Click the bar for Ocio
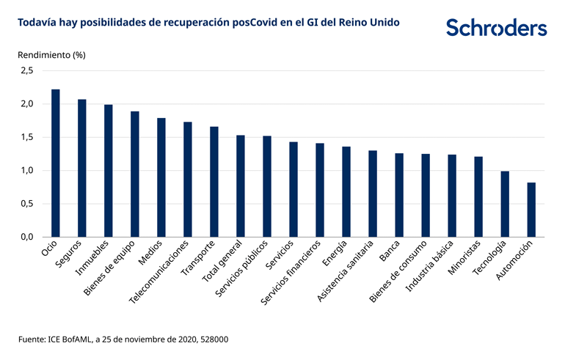56,163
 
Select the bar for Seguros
82,168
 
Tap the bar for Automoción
531,210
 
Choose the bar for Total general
241,186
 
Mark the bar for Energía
346,191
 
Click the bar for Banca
399,195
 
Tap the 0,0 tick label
27,238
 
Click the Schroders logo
497,28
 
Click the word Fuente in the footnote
32,340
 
